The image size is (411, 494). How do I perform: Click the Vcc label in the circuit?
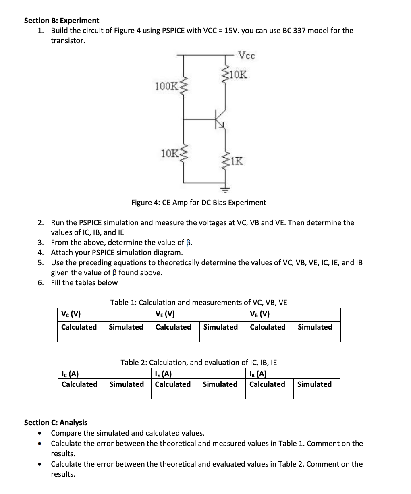[246, 56]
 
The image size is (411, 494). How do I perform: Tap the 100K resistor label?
[166, 86]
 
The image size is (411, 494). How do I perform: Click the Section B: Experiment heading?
[61, 20]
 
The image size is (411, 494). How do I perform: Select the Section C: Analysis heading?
[56, 422]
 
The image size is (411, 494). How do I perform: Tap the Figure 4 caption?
[199, 202]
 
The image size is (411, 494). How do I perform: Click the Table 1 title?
[199, 302]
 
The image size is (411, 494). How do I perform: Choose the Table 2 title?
[199, 362]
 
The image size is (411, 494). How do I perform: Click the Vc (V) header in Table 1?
[71, 314]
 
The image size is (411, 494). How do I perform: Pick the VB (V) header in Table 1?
[260, 314]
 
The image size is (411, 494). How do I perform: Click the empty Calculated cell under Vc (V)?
[81, 337]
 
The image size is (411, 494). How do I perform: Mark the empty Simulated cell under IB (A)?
[317, 394]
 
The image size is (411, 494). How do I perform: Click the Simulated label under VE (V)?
[220, 327]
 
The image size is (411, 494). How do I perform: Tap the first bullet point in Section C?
[39, 434]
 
